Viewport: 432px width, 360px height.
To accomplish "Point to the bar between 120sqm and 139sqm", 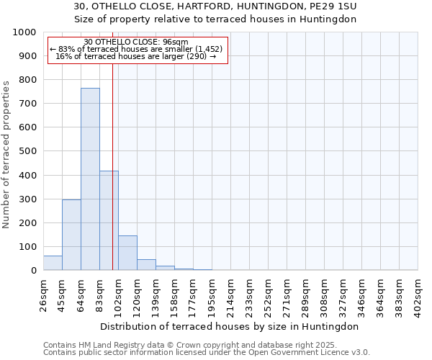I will pyautogui.click(x=146, y=265).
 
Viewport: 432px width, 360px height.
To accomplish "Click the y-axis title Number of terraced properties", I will pyautogui.click(x=6, y=154).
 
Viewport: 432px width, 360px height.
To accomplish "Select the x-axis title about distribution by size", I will pyautogui.click(x=230, y=326).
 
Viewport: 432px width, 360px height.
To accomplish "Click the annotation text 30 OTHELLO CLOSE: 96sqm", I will pyautogui.click(x=136, y=42).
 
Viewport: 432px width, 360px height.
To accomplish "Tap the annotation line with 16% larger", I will pyautogui.click(x=136, y=57).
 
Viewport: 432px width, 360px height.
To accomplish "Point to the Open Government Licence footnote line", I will pyautogui.click(x=207, y=353).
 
